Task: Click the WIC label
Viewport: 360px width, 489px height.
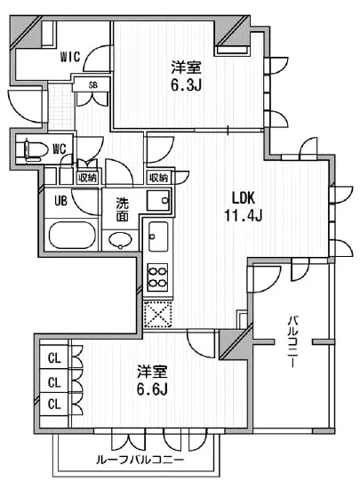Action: (70, 57)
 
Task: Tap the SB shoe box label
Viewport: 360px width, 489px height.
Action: (92, 84)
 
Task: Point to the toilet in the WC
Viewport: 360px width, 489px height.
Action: (36, 150)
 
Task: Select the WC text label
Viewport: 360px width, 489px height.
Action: (59, 149)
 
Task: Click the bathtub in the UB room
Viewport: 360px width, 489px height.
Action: (72, 235)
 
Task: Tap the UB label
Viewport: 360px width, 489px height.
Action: (60, 201)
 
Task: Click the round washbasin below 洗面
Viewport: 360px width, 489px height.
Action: (120, 240)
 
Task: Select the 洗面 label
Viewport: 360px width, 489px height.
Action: (123, 210)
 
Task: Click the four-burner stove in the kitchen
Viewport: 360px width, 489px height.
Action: (157, 277)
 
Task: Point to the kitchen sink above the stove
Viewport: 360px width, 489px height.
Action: (158, 236)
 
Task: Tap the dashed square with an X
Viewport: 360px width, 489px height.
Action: (157, 314)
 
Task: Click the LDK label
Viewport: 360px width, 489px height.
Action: (244, 198)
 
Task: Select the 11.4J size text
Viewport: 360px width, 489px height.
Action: (244, 215)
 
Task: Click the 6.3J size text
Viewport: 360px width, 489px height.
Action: (186, 84)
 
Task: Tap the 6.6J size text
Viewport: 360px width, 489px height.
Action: (152, 389)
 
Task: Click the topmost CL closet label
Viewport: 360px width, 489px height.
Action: (54, 358)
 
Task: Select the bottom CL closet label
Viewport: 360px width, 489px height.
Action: (54, 405)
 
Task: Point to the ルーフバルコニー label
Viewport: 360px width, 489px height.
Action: (140, 460)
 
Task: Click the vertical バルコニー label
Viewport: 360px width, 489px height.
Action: (292, 341)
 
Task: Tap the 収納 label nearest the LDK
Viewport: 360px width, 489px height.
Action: (158, 178)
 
